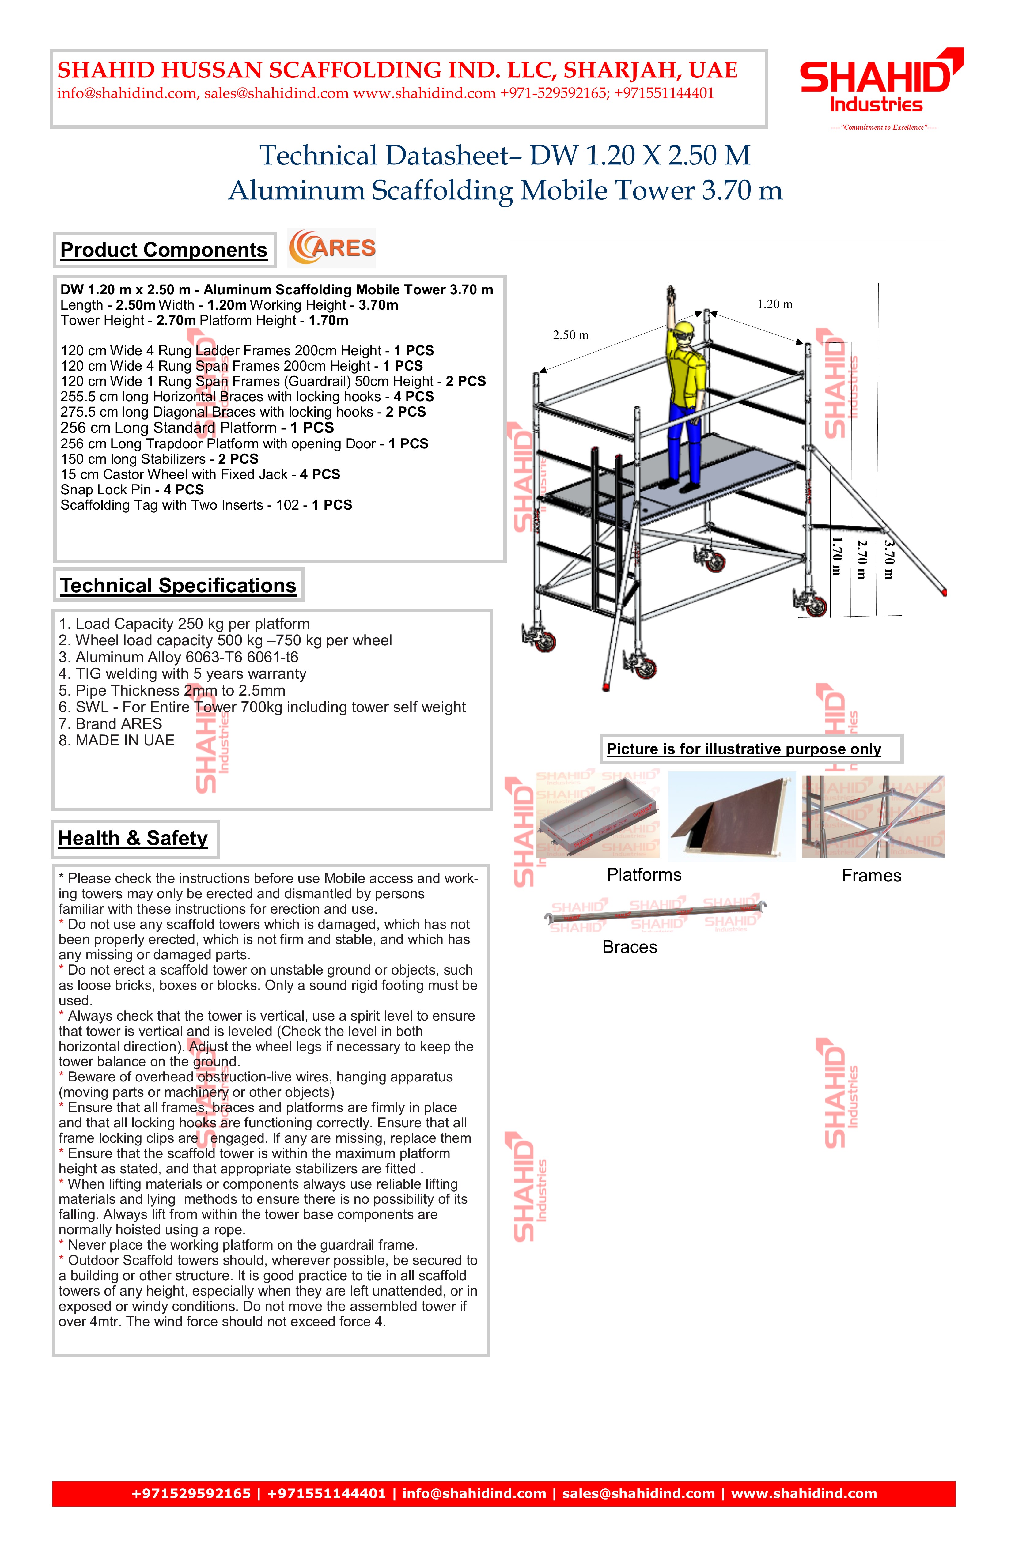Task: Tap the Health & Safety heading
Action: (x=133, y=838)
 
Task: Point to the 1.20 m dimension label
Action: (x=775, y=304)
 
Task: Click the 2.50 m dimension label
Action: (x=570, y=335)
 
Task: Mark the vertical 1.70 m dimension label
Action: (x=836, y=556)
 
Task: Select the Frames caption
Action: (x=871, y=876)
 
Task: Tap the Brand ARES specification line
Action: (x=110, y=724)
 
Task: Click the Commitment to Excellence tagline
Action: (x=883, y=127)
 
